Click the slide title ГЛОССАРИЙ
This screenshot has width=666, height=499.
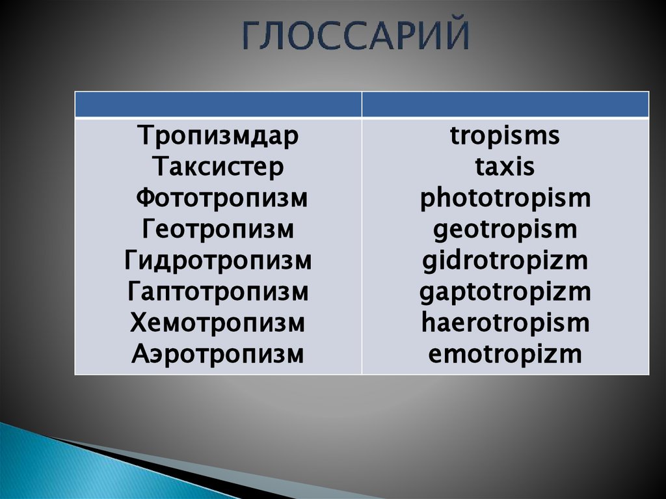(356, 36)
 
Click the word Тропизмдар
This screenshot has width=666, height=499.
(218, 137)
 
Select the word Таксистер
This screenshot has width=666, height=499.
(218, 167)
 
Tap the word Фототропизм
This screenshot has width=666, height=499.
(221, 198)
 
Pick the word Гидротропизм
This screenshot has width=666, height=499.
(218, 261)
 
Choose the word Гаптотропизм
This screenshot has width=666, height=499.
(218, 292)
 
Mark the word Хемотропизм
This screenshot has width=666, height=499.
(218, 323)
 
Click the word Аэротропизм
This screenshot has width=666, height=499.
(218, 355)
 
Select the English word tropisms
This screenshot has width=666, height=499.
(505, 137)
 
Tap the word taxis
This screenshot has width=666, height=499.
(505, 167)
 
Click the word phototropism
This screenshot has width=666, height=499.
(505, 198)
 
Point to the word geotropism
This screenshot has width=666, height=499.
(505, 230)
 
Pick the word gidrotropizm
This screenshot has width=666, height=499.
(505, 261)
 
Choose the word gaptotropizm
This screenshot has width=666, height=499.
(505, 292)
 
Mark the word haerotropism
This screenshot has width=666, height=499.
(505, 323)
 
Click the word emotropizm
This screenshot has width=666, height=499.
(505, 355)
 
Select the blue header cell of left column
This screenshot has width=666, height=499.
(218, 104)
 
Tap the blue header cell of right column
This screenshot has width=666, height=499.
(505, 104)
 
